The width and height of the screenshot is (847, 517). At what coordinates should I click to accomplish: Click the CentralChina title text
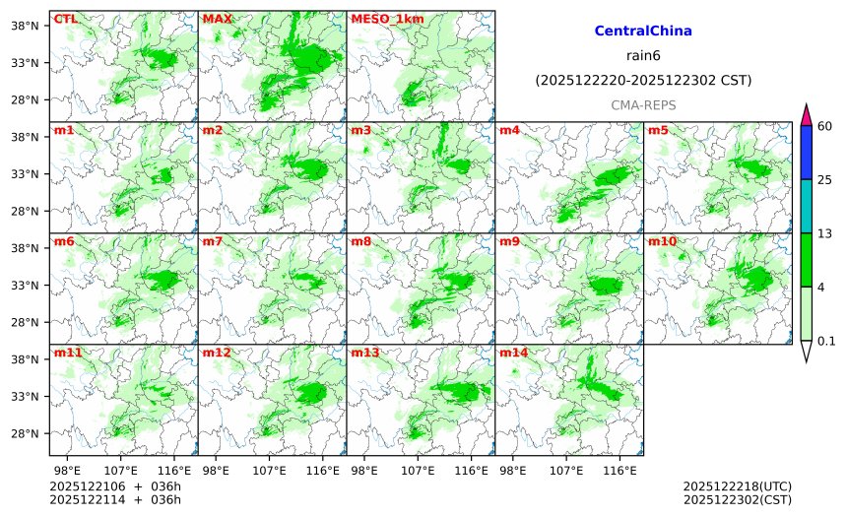(x=643, y=32)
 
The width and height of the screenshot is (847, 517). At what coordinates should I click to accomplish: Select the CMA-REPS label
(x=643, y=104)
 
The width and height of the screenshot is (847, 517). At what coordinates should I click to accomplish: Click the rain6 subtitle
(x=643, y=55)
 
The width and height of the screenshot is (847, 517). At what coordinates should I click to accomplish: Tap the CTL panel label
(x=65, y=19)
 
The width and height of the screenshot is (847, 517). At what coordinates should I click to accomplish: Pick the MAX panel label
(x=216, y=19)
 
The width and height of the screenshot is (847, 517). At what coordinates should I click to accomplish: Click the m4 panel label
(x=510, y=130)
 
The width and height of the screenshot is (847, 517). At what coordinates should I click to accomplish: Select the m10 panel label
(x=662, y=241)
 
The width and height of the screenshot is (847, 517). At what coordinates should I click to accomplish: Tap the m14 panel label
(x=514, y=353)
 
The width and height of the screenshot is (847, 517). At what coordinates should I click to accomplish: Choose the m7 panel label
(x=213, y=241)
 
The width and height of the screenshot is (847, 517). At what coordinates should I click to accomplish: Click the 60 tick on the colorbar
(x=825, y=125)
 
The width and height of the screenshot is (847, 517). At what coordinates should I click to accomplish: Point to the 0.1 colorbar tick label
(x=826, y=341)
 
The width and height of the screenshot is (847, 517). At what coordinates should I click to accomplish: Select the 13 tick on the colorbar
(x=825, y=232)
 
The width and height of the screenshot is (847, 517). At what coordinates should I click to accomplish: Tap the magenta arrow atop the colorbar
(x=806, y=114)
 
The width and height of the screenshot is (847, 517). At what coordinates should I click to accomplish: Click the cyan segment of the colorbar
(x=806, y=205)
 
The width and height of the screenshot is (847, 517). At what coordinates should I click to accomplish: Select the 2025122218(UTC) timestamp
(x=737, y=486)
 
